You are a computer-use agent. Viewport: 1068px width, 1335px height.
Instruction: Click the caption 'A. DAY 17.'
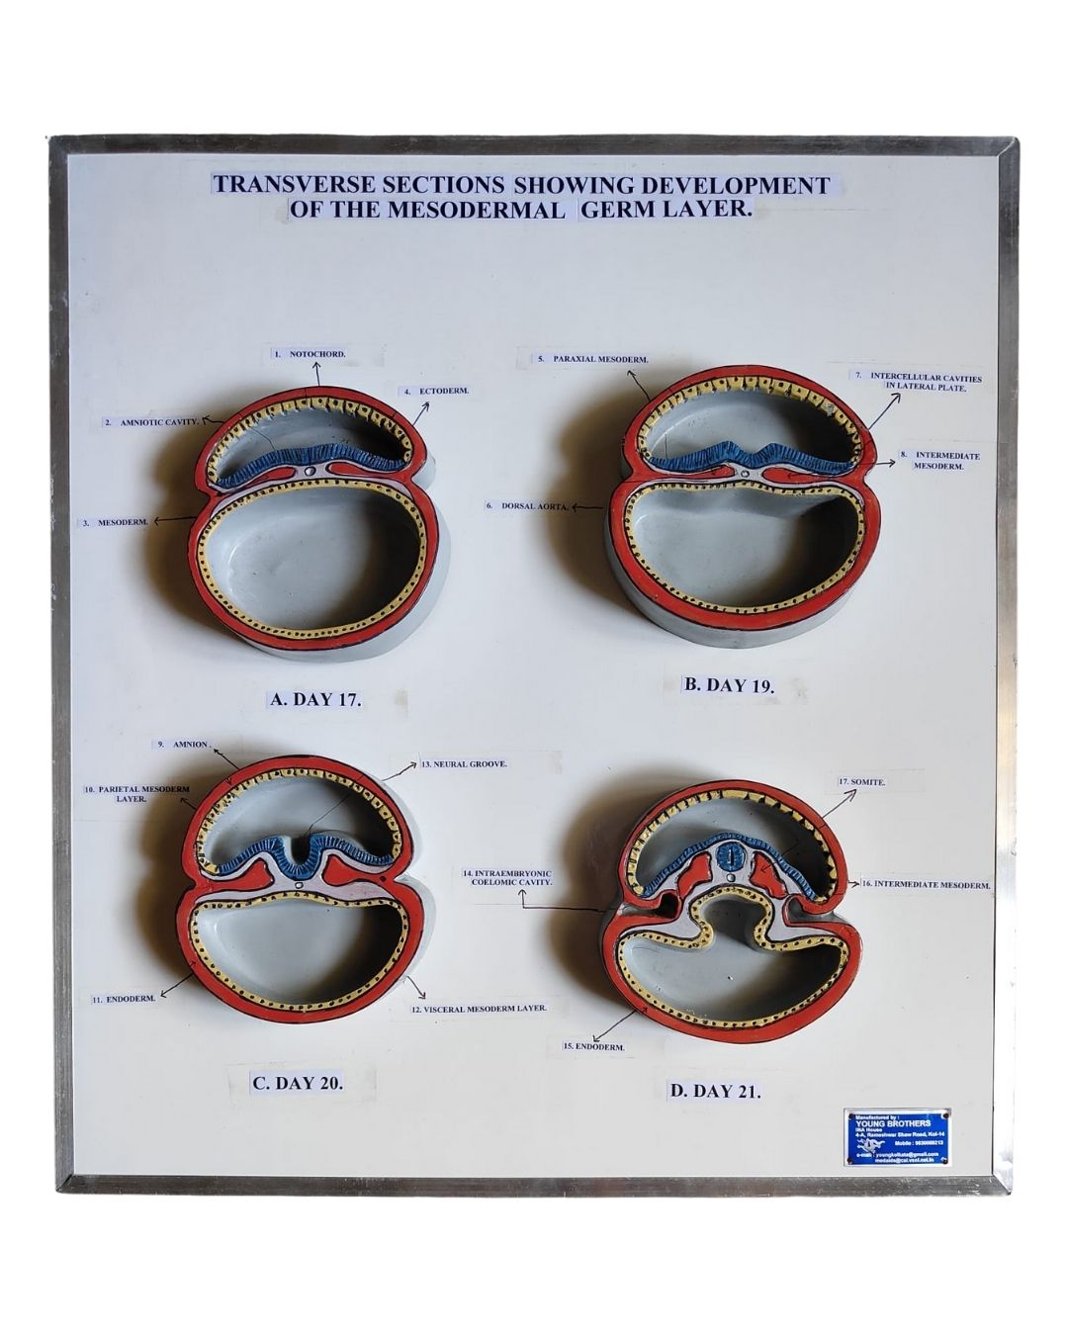pos(315,699)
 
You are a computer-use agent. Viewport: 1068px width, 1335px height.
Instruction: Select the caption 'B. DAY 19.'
pos(730,684)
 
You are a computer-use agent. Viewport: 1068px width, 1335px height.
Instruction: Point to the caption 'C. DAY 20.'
pos(298,1082)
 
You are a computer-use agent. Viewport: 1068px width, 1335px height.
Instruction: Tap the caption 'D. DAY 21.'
pos(715,1091)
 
